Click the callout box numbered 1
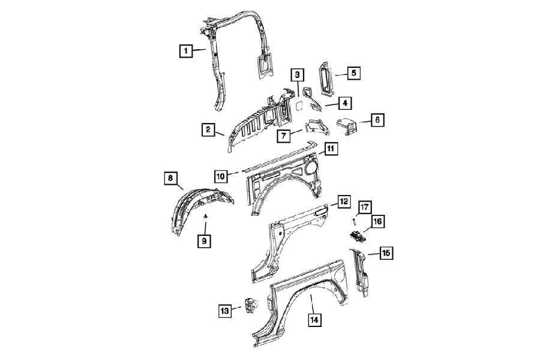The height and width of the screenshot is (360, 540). tap(185, 52)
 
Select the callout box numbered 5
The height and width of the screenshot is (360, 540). tap(353, 73)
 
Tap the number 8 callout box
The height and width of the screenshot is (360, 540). tap(171, 178)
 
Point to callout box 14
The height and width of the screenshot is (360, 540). tap(314, 320)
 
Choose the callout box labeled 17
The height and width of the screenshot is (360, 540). tap(365, 208)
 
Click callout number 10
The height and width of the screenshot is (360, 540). tap(221, 176)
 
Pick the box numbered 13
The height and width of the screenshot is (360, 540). tap(224, 311)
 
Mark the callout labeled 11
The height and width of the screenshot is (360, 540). tap(331, 149)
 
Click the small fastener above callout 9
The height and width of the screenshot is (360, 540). tap(206, 216)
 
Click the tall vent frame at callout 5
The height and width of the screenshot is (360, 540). tap(325, 79)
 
